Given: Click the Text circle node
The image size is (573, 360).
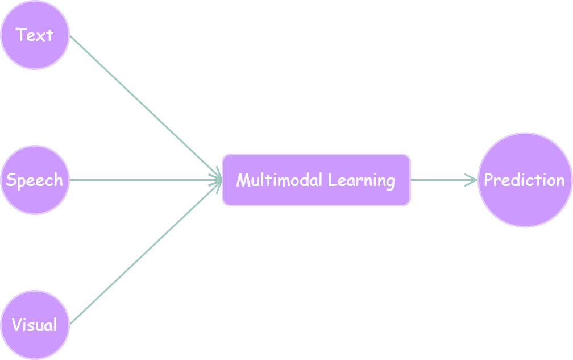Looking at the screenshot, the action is pos(35,35).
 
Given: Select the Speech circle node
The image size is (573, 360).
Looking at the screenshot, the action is pos(35,180).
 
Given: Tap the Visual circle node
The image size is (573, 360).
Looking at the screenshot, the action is pos(35,325).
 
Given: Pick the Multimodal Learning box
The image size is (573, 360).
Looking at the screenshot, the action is pos(317,180).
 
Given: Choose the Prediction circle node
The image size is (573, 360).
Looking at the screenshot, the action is pos(525,180).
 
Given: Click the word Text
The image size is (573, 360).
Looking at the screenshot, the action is pos(35,35).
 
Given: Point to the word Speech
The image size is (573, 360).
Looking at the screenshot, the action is pos(34,180).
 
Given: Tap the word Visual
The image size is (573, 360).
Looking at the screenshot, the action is pos(34,325).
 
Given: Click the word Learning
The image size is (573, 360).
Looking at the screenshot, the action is pos(362,180).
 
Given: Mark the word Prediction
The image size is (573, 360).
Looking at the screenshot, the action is pos(524,180).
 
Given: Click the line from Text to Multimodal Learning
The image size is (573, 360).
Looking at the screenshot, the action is pos(146,107).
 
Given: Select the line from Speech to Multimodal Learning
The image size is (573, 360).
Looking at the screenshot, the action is pos(146,180).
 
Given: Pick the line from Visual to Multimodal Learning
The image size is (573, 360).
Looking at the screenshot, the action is pos(146,252).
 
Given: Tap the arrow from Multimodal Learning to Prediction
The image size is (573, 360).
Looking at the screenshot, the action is pos(444,180).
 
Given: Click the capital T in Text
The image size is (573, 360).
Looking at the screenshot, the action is pos(20,34).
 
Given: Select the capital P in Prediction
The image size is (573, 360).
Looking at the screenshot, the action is pos(488,180).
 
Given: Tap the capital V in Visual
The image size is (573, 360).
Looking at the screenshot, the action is pos(18,325).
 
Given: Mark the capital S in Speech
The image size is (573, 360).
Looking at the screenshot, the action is pos(11,180).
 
